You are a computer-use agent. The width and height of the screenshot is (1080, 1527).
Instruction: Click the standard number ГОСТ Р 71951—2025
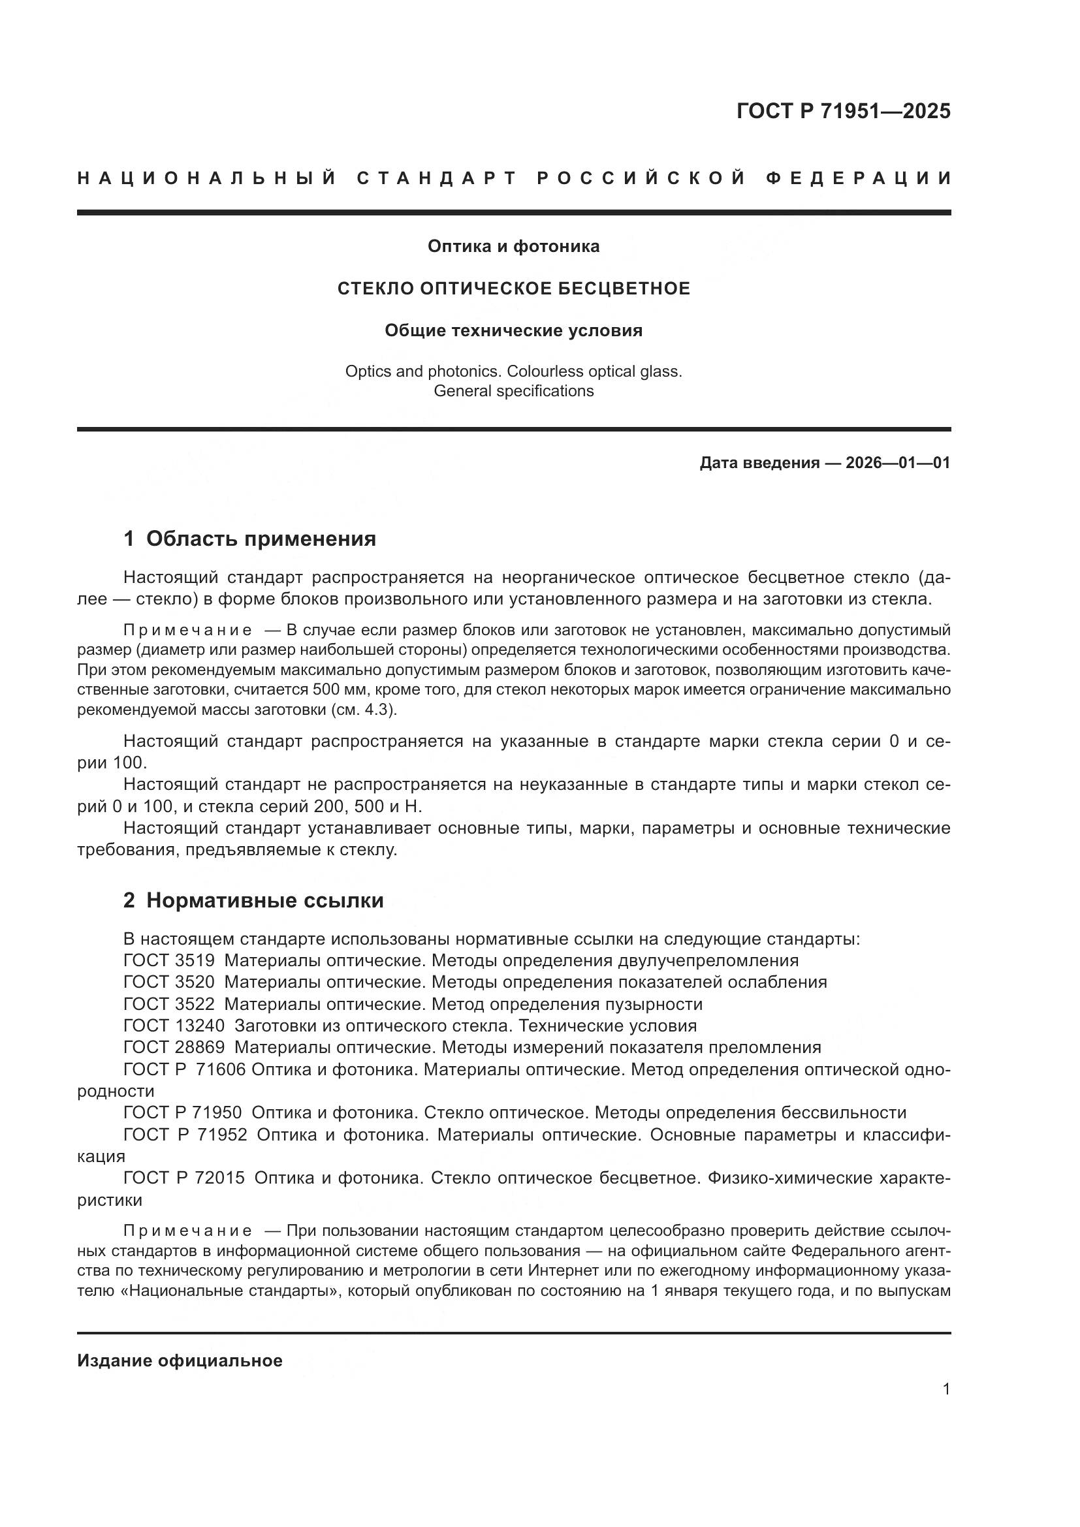click(x=842, y=111)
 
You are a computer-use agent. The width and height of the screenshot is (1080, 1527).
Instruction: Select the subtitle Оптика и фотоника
click(x=513, y=246)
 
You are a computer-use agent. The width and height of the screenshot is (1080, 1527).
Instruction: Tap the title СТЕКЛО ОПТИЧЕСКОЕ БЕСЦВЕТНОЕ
click(x=513, y=289)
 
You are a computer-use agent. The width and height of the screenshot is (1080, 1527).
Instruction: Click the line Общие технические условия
click(x=513, y=330)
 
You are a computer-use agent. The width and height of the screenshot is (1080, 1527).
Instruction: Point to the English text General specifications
click(x=513, y=391)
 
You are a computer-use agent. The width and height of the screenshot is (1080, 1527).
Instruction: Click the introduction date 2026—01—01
click(x=898, y=463)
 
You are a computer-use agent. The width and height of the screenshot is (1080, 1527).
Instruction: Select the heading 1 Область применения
click(x=249, y=539)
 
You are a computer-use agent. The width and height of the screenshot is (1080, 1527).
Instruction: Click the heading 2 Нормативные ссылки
click(x=253, y=900)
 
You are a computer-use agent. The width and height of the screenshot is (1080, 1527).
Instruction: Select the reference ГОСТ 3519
click(x=169, y=961)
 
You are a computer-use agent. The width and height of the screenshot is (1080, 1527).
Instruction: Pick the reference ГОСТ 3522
click(x=169, y=1004)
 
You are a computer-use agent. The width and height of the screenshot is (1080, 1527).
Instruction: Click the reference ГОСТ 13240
click(x=174, y=1026)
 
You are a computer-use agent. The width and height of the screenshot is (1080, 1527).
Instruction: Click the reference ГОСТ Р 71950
click(x=182, y=1113)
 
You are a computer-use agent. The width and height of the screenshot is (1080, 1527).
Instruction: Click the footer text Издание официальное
click(x=180, y=1361)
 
